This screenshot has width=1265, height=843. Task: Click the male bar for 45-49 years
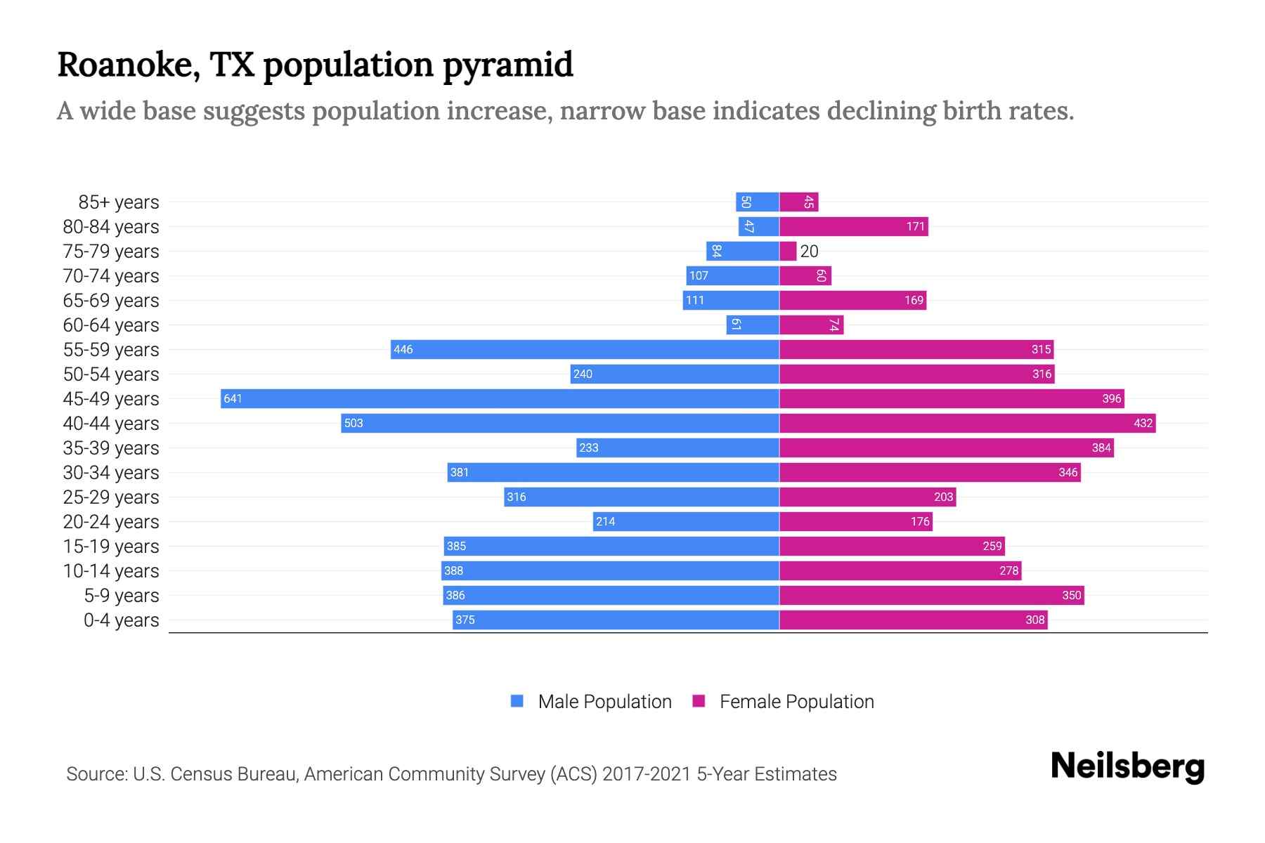coord(499,399)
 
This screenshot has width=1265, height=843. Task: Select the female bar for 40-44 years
coord(967,424)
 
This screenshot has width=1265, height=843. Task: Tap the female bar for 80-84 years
coord(853,227)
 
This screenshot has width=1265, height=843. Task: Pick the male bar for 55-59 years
coord(585,350)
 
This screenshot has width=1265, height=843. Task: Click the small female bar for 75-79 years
coord(788,251)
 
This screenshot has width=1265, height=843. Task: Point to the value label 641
coord(233,399)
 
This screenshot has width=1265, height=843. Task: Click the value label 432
coord(1143,424)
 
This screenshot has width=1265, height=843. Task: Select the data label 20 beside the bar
coord(809,251)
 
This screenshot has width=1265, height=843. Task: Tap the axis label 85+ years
coord(119,202)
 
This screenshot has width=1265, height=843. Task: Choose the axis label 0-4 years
coord(121,620)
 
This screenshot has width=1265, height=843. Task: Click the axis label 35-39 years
coord(111,448)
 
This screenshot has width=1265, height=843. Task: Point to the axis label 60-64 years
coord(111,325)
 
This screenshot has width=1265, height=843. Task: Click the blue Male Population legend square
coord(517,701)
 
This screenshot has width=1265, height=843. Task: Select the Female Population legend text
coord(796,702)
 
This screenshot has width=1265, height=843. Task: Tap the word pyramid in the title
coord(507,65)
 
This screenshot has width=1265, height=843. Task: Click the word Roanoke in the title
coord(124,65)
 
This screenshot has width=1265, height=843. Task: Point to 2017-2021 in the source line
coord(647,774)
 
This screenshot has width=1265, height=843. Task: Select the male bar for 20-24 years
coord(686,522)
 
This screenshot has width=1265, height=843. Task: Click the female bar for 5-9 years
coord(931,596)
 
